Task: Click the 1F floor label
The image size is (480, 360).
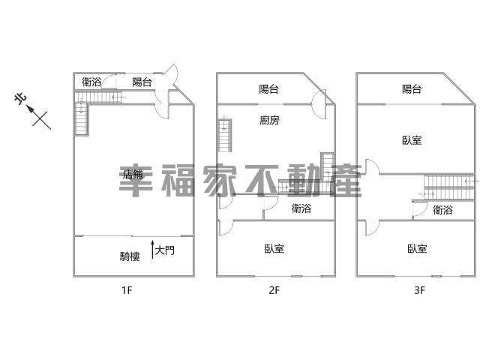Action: [x=127, y=289]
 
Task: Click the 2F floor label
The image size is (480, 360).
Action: [x=274, y=289]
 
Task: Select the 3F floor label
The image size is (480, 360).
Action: [x=420, y=289]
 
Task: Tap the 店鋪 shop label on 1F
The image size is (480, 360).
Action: [x=133, y=175]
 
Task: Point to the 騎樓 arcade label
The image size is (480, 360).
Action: [x=130, y=256]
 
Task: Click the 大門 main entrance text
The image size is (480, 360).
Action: [x=165, y=250]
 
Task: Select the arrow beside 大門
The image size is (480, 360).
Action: [x=152, y=250]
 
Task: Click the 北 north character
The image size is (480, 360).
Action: [x=20, y=98]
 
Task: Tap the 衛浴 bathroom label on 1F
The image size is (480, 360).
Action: [x=91, y=82]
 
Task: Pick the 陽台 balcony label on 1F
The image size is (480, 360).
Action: [x=142, y=82]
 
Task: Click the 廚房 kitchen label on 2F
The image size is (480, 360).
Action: [x=269, y=120]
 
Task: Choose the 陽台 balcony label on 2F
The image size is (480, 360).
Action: [x=268, y=89]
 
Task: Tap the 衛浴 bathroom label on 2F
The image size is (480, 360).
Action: [x=301, y=208]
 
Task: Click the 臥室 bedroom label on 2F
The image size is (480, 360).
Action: [x=274, y=248]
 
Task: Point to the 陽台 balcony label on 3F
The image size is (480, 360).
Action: [x=412, y=89]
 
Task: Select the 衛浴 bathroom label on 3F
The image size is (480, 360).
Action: [x=442, y=210]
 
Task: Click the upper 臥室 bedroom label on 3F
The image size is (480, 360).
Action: [x=412, y=140]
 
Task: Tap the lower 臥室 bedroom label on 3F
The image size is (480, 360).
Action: [x=417, y=248]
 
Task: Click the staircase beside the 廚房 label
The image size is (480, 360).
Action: [x=225, y=135]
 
